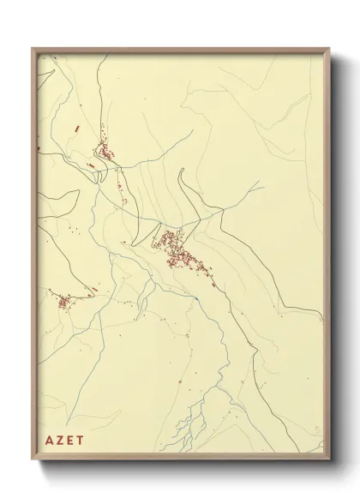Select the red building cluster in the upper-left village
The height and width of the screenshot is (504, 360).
pyautogui.click(x=106, y=152)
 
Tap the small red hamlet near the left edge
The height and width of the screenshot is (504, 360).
pyautogui.click(x=63, y=301)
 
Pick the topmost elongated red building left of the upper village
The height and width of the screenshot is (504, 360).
pyautogui.click(x=76, y=129)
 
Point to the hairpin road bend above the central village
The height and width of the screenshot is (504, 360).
pyautogui.click(x=182, y=176)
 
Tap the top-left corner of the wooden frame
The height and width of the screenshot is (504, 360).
pyautogui.click(x=33, y=49)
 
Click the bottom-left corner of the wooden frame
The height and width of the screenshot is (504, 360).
pyautogui.click(x=33, y=460)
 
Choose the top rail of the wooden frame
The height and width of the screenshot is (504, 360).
pyautogui.click(x=180, y=50)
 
